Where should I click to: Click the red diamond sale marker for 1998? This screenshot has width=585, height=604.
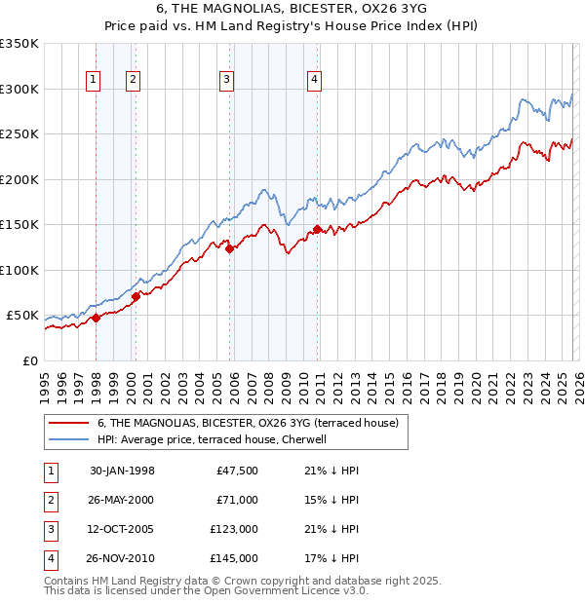[x=97, y=318]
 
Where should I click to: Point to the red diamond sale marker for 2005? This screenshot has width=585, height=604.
[x=230, y=248]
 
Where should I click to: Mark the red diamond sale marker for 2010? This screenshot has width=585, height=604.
[x=318, y=230]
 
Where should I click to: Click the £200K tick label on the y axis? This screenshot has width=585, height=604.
[x=19, y=179]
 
